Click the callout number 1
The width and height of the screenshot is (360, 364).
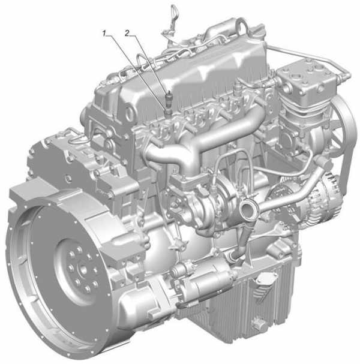tap(104, 34)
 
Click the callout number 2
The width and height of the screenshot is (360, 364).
tap(127, 34)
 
